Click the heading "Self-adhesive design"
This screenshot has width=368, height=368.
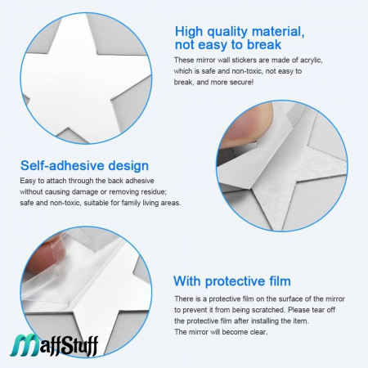point(84,166)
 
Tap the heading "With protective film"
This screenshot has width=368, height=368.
point(232,281)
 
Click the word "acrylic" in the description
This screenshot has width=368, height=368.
point(311,61)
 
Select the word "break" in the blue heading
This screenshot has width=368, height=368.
point(264,45)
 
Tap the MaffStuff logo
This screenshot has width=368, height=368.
point(55,345)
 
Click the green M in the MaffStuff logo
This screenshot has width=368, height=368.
point(25,345)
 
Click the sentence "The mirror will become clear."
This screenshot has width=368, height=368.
point(221,332)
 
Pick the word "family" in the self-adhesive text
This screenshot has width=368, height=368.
point(131,203)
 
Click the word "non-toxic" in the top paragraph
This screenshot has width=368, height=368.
point(247,71)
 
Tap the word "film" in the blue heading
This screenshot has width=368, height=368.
point(280,281)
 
